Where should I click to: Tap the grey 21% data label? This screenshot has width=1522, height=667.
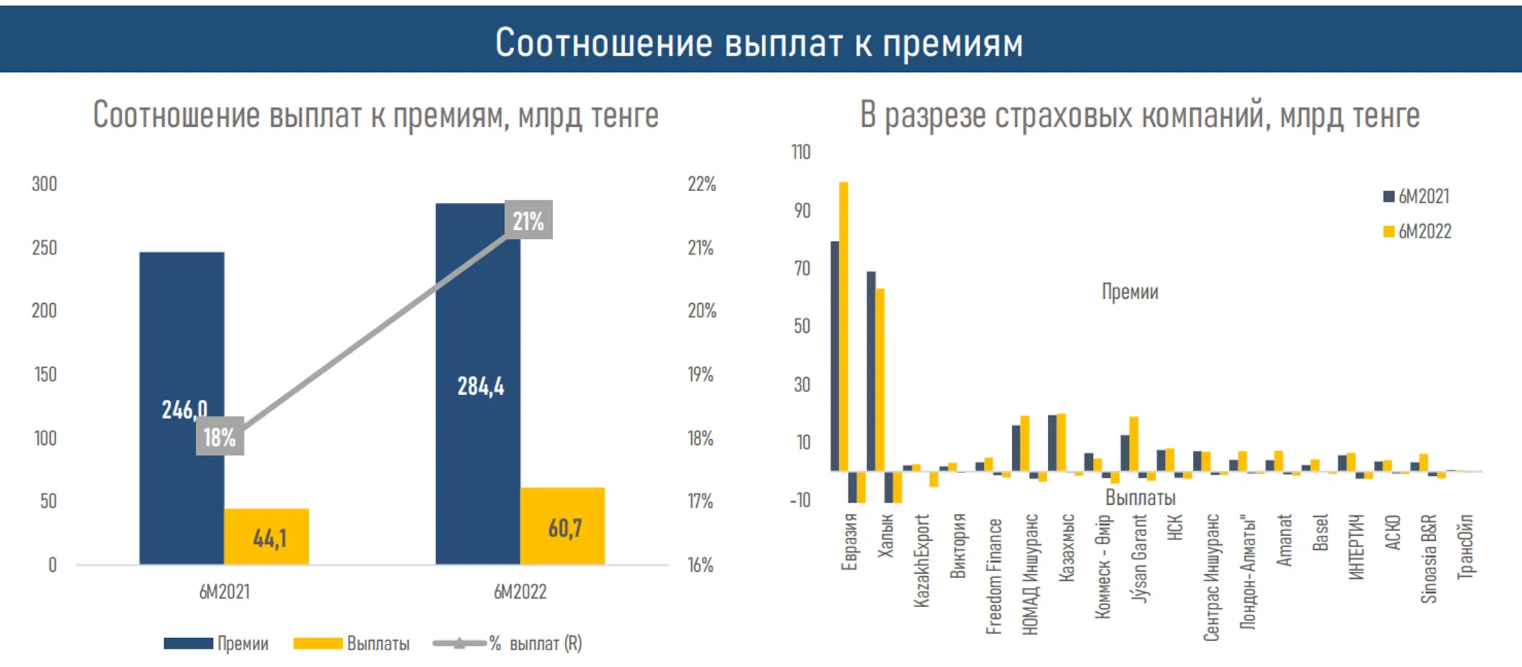[x=528, y=220]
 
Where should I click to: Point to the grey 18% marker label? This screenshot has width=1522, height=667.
[x=220, y=436]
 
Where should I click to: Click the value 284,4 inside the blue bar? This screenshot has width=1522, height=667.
[x=481, y=386]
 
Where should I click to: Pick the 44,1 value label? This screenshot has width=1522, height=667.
[x=269, y=539]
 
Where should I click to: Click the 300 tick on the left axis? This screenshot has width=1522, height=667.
[x=44, y=184]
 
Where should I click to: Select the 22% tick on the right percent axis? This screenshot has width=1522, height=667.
[x=701, y=184]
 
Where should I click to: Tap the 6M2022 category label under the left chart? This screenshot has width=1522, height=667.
[x=520, y=592]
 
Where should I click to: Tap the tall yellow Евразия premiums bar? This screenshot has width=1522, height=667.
[x=843, y=324]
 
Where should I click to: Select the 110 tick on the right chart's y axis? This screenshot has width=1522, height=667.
[x=800, y=152]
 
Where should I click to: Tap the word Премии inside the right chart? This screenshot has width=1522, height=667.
[x=1130, y=291]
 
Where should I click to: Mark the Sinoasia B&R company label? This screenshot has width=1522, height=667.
[x=1428, y=558]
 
